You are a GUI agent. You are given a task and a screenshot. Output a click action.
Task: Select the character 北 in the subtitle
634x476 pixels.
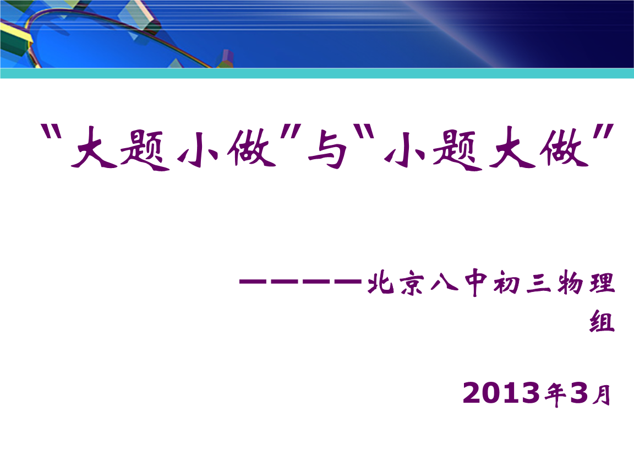[378, 284]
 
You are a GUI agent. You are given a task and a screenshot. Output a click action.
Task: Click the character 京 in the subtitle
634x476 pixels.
[410, 284]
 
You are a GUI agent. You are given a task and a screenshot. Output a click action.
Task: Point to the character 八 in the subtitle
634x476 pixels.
[442, 284]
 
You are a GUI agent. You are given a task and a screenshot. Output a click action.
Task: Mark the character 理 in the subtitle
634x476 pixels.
[602, 284]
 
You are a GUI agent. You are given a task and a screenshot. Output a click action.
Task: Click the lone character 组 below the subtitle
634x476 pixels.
[602, 321]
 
